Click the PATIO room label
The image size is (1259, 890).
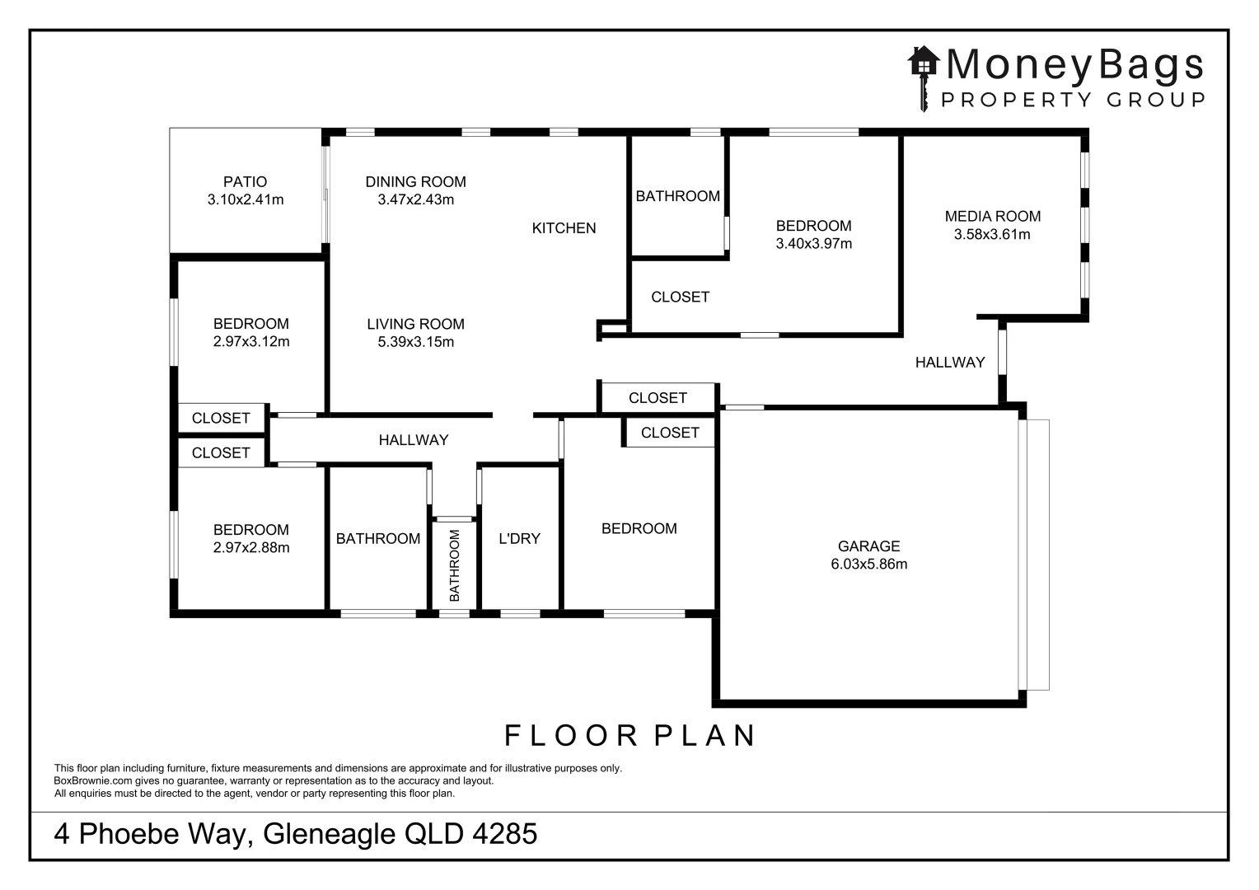pyautogui.click(x=245, y=181)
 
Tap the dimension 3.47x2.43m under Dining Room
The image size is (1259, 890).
pyautogui.click(x=415, y=200)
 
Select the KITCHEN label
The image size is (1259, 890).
pyautogui.click(x=564, y=228)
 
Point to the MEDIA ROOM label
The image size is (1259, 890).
pyautogui.click(x=992, y=216)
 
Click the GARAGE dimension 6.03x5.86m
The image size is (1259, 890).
pyautogui.click(x=868, y=564)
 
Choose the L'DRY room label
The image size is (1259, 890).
pyautogui.click(x=519, y=539)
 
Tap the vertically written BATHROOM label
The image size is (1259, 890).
pyautogui.click(x=454, y=565)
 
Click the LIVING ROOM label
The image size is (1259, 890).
pyautogui.click(x=415, y=324)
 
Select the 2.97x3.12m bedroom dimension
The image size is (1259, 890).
pyautogui.click(x=250, y=342)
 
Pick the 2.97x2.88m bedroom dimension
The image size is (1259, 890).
pyautogui.click(x=250, y=548)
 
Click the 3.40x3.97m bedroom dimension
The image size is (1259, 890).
pyautogui.click(x=813, y=244)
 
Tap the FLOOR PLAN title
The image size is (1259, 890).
pyautogui.click(x=630, y=735)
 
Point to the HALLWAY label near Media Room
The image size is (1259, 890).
pyautogui.click(x=949, y=362)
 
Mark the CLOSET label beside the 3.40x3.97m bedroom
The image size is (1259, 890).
pyautogui.click(x=680, y=297)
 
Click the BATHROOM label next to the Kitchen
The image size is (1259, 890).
pyautogui.click(x=677, y=196)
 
